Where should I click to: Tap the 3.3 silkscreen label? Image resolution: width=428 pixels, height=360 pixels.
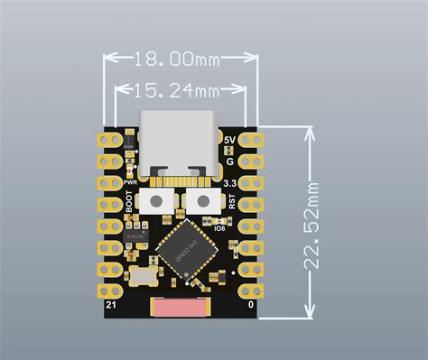tap(231, 183)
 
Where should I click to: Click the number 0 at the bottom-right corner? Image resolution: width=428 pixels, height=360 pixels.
tap(250, 306)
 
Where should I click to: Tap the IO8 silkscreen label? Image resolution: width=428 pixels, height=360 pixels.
tap(232, 226)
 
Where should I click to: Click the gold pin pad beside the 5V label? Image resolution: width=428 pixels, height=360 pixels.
tap(251, 141)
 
